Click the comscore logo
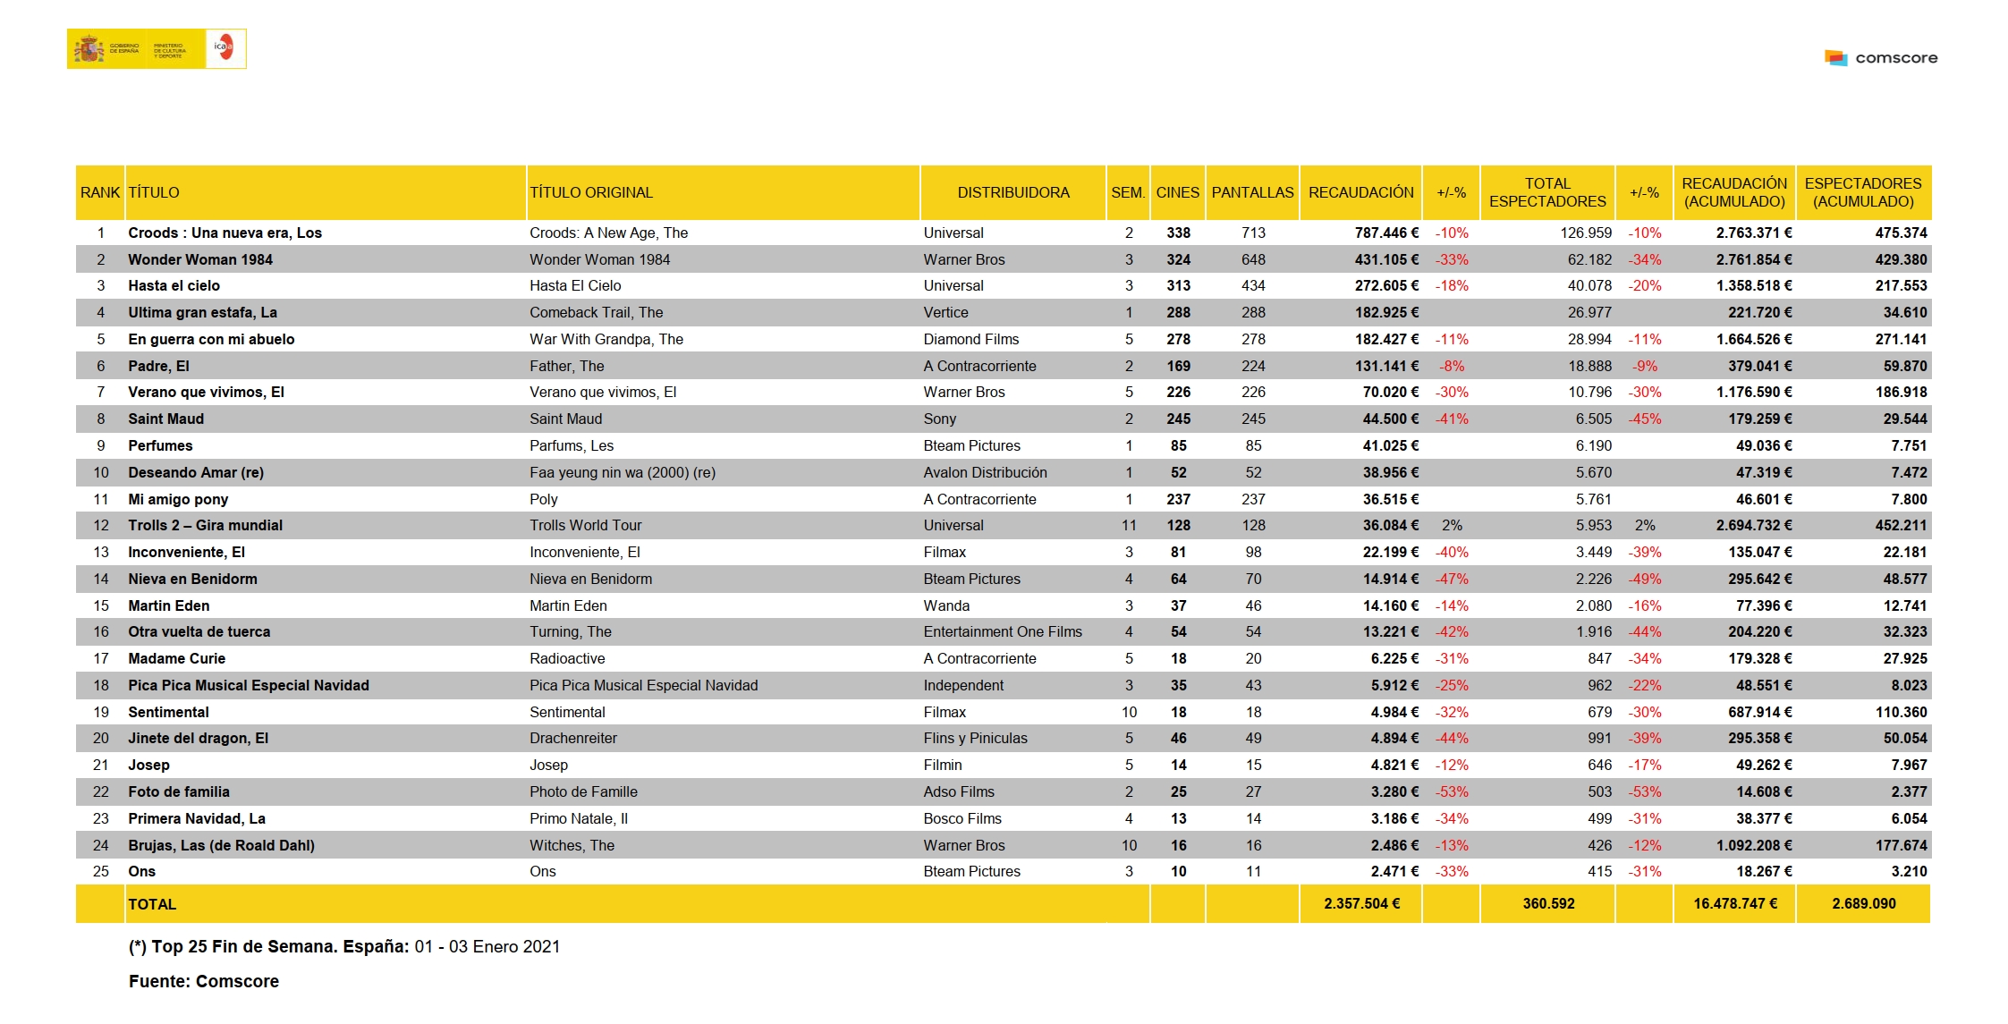point(1881,58)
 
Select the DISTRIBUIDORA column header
point(1012,192)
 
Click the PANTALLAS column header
point(1252,192)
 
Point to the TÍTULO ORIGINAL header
point(591,192)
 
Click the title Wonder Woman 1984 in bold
point(200,259)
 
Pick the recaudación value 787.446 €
point(1386,233)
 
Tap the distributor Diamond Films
point(971,339)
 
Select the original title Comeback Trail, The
point(596,312)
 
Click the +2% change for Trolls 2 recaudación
point(1452,525)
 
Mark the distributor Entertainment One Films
point(1003,631)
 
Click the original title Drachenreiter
point(573,738)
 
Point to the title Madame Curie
point(176,658)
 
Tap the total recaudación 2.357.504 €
point(1361,903)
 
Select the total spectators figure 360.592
point(1548,903)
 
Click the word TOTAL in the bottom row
point(152,904)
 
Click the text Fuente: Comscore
point(204,981)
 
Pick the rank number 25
point(100,871)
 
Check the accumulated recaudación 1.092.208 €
point(1754,845)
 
